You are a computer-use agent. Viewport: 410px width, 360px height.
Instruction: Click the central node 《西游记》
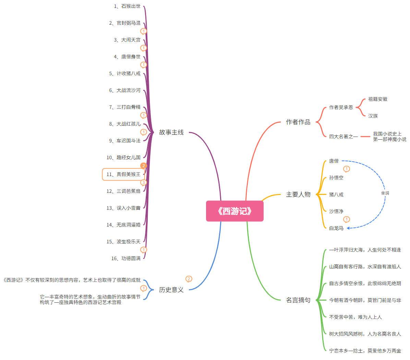pyautogui.click(x=235, y=211)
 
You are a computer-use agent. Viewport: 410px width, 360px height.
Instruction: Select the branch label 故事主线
pyautogui.click(x=171, y=132)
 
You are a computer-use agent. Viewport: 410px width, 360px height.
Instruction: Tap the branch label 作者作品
pyautogui.click(x=298, y=122)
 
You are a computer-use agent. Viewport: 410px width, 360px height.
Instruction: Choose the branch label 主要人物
pyautogui.click(x=298, y=195)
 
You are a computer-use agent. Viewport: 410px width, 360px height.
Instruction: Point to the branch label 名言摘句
pyautogui.click(x=298, y=300)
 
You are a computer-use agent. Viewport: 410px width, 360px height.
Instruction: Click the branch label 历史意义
pyautogui.click(x=171, y=290)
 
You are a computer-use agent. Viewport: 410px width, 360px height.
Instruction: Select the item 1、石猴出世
pyautogui.click(x=127, y=7)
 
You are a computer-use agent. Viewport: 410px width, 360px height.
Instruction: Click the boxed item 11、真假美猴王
pyautogui.click(x=123, y=174)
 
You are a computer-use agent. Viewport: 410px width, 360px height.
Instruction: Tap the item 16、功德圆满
pyautogui.click(x=126, y=258)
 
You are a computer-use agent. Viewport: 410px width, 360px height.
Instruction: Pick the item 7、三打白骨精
pyautogui.click(x=125, y=107)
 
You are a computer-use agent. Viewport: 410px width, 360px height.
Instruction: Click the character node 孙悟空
pyautogui.click(x=336, y=178)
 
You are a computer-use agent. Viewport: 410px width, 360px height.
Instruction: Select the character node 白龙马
pyautogui.click(x=336, y=228)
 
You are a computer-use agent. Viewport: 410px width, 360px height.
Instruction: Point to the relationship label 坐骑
pyautogui.click(x=385, y=193)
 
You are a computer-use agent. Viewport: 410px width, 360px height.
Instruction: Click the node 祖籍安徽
pyautogui.click(x=377, y=99)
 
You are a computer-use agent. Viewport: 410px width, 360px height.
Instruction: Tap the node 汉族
pyautogui.click(x=373, y=116)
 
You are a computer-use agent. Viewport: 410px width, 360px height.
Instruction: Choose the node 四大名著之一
pyautogui.click(x=343, y=137)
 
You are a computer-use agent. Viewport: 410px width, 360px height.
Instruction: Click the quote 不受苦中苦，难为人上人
pyautogui.click(x=355, y=317)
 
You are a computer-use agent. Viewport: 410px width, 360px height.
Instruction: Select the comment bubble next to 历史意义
pyautogui.click(x=189, y=279)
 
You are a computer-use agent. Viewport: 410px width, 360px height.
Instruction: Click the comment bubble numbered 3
pyautogui.click(x=144, y=183)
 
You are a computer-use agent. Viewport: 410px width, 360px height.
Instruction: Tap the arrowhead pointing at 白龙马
pyautogui.click(x=348, y=228)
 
